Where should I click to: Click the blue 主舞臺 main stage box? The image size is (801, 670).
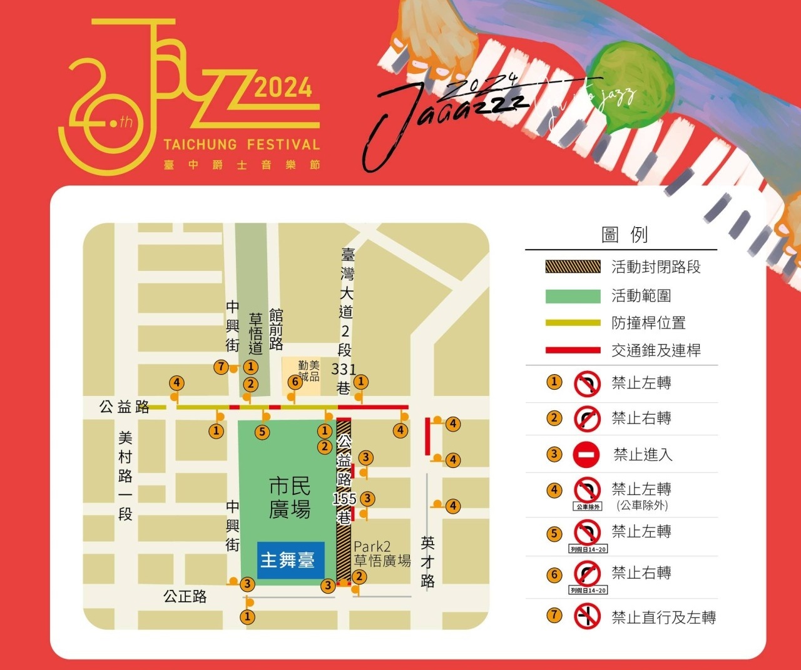[287, 560]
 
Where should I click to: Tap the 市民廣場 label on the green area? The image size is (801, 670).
[290, 498]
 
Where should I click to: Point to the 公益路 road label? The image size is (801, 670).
[125, 407]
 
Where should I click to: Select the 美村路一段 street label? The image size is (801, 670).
[125, 475]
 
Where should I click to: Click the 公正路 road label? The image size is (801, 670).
[185, 596]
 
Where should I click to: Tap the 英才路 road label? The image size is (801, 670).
[428, 562]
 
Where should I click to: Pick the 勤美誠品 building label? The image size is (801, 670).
[309, 371]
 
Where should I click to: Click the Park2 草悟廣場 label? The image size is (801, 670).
[382, 554]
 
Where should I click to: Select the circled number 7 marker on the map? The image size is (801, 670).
[220, 367]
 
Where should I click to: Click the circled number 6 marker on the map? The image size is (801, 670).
[295, 382]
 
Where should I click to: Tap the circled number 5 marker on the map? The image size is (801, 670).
[262, 432]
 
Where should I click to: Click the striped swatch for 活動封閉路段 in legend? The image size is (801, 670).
[573, 267]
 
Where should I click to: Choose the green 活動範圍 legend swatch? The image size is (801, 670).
[573, 295]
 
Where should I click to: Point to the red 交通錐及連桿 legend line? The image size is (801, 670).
[573, 350]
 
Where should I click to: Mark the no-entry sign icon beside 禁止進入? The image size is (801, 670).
[586, 455]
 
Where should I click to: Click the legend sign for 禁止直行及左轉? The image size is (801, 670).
[586, 617]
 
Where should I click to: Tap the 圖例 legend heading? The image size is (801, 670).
[624, 235]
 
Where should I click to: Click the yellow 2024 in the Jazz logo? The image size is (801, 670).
[283, 88]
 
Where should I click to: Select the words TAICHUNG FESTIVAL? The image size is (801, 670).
[242, 145]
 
